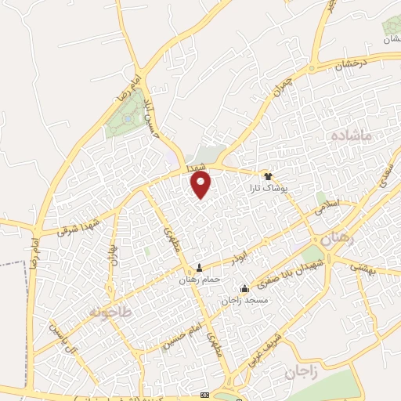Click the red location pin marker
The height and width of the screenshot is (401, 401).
tap(201, 185)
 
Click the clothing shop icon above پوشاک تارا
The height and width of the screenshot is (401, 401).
tap(269, 175)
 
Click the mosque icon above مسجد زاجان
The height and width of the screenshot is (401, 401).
tap(245, 288)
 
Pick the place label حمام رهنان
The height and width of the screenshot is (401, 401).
tap(198, 280)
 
